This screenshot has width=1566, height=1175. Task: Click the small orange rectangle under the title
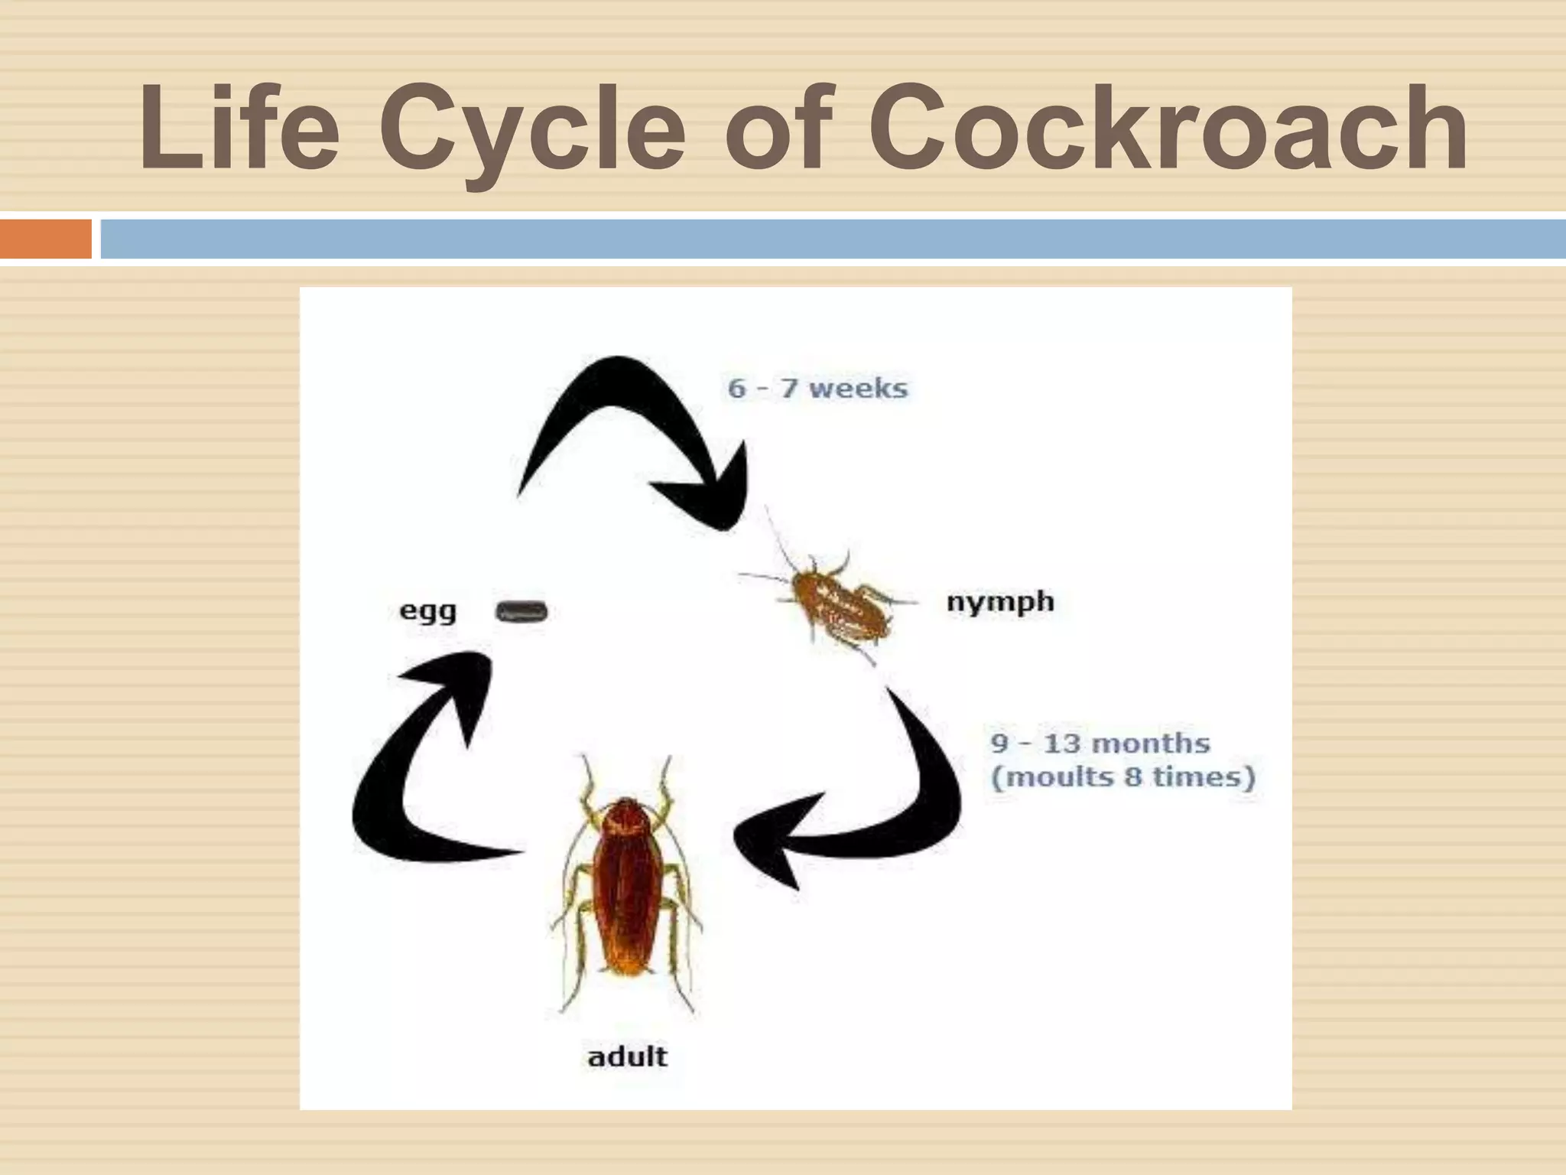click(45, 239)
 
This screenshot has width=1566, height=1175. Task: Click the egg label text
click(428, 612)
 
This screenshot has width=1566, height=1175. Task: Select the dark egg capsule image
click(523, 611)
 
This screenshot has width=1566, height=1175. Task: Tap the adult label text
click(627, 1057)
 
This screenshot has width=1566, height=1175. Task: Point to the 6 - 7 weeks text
click(817, 388)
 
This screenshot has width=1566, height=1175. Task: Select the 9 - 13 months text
click(1100, 743)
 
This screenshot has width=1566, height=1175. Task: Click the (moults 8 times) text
click(1123, 777)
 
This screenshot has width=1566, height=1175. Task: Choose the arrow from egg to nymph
click(635, 428)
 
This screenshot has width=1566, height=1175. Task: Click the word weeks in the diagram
click(858, 388)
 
